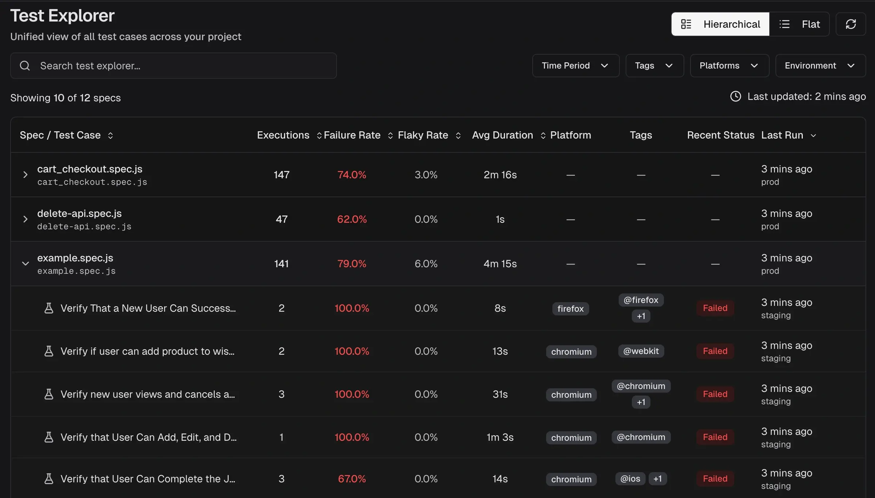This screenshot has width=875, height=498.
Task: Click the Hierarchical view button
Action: (720, 24)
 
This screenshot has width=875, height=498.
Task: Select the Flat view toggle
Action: (800, 24)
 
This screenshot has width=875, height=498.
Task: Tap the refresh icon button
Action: (851, 24)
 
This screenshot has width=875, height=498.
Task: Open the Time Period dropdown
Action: (575, 66)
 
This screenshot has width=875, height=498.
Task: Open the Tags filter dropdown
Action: (654, 66)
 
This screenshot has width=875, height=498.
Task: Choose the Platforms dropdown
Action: (729, 66)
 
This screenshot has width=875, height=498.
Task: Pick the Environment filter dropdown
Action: (820, 66)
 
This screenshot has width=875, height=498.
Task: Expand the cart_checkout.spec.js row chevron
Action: (25, 175)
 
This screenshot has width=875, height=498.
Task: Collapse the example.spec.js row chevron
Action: (25, 264)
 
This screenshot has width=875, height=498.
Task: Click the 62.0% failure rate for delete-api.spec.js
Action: (352, 219)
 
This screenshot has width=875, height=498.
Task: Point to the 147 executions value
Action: (281, 175)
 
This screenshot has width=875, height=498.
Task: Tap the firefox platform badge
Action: (571, 309)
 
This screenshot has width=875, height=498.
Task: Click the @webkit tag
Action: (641, 351)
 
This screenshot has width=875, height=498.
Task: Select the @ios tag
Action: (630, 479)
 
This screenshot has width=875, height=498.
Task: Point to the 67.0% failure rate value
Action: (352, 479)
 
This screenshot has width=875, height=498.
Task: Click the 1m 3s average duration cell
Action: (500, 437)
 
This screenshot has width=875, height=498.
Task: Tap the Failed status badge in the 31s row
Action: (715, 394)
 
